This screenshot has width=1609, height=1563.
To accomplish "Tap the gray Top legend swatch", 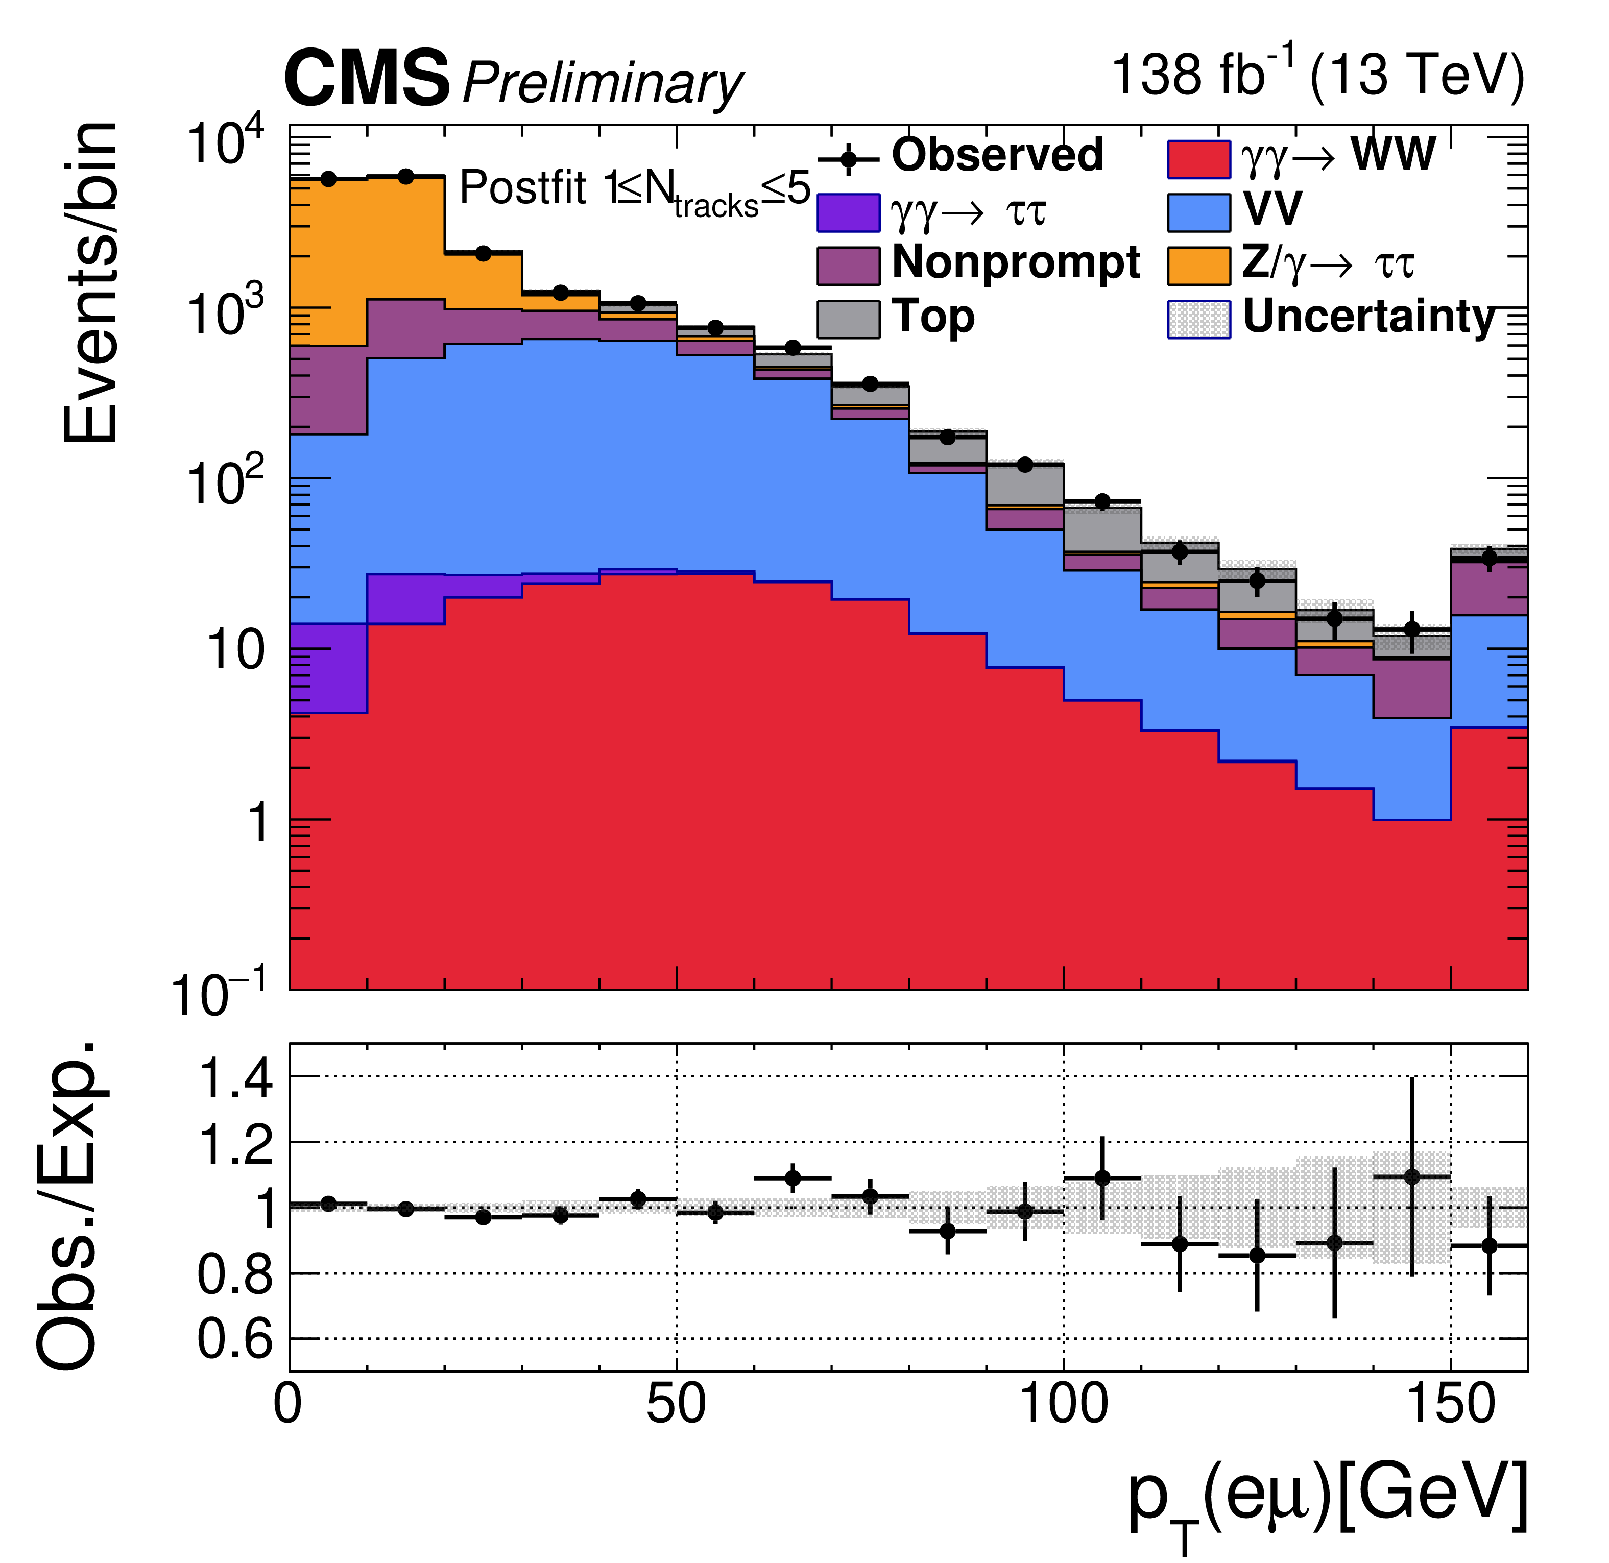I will click(x=848, y=319).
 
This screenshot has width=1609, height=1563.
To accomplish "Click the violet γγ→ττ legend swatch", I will click(x=848, y=212).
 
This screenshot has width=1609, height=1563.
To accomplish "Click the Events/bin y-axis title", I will click(x=90, y=283).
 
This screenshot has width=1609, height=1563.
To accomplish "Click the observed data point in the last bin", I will click(x=1489, y=558).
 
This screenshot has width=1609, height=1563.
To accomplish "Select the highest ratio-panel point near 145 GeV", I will click(x=1412, y=1177).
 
